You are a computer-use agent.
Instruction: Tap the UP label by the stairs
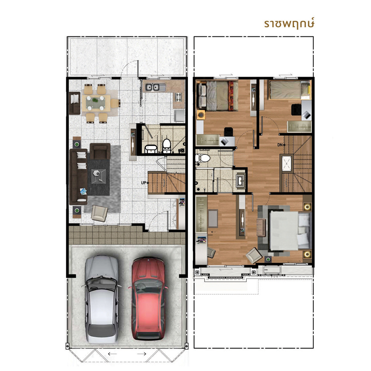(143, 183)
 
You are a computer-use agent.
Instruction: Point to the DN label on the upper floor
(280, 145)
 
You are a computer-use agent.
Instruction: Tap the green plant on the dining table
(95, 100)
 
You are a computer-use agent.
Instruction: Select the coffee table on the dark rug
(99, 177)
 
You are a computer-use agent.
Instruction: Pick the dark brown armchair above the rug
(100, 151)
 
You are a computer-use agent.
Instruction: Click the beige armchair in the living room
(99, 213)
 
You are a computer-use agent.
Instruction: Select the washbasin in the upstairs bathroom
(241, 181)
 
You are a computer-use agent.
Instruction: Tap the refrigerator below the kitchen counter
(179, 115)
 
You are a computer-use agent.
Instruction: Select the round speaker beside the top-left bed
(201, 115)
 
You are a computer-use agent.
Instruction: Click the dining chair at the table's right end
(115, 103)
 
